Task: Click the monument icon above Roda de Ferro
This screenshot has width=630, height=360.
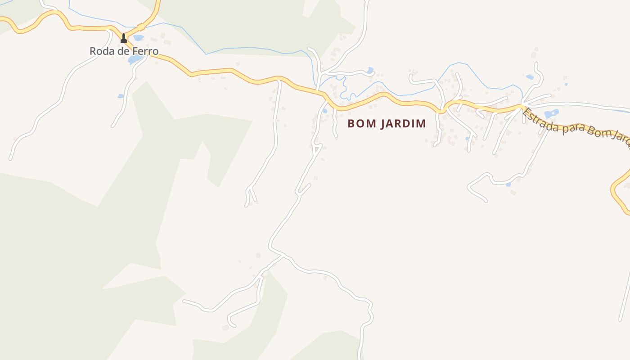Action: (x=124, y=39)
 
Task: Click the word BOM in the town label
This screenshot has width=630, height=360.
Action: (x=362, y=124)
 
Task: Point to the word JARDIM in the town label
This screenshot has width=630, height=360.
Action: (x=403, y=124)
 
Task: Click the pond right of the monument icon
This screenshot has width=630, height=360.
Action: (x=138, y=38)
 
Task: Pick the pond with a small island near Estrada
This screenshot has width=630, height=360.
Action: (x=551, y=113)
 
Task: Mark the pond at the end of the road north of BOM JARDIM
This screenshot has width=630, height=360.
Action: (x=370, y=70)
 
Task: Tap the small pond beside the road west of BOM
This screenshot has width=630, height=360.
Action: (x=324, y=111)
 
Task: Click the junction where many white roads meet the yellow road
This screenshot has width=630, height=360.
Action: (x=522, y=107)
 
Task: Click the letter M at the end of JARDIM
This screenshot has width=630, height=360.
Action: (x=421, y=124)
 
